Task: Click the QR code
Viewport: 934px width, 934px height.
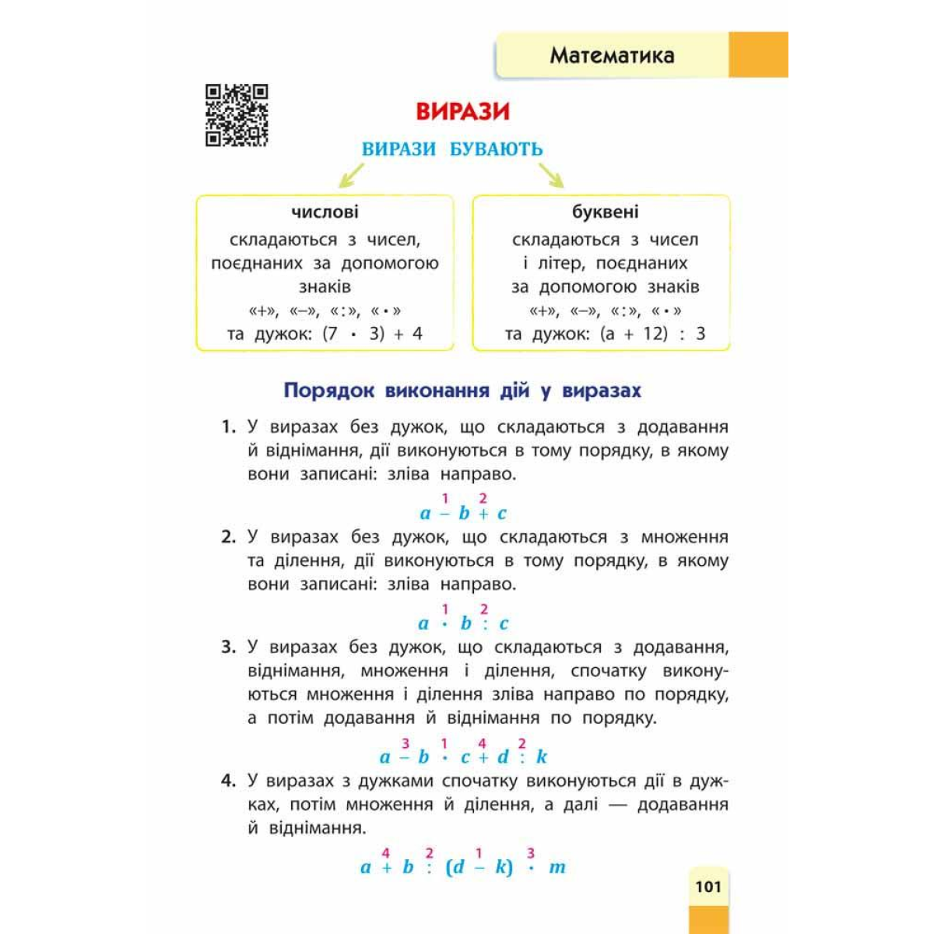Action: point(237,115)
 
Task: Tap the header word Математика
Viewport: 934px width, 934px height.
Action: point(612,55)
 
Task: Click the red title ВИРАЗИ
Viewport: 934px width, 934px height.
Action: point(462,111)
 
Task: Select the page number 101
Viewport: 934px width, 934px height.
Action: point(708,887)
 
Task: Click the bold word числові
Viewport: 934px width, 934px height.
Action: point(325,212)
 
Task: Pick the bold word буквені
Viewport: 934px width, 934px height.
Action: point(605,212)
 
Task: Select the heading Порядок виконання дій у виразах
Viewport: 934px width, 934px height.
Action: point(462,390)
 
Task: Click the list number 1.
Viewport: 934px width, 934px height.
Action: point(228,427)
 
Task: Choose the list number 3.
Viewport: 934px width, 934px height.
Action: point(228,648)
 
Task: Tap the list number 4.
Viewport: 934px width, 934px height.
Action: point(228,781)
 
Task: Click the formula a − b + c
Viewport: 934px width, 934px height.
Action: point(463,513)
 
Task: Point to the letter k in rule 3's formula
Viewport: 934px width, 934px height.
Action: point(542,757)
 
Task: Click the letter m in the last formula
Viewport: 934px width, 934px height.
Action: point(557,867)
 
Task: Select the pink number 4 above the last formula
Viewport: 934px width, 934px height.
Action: point(386,854)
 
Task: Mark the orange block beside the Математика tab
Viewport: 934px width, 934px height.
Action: point(758,54)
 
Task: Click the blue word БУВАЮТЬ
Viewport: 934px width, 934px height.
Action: point(497,149)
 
